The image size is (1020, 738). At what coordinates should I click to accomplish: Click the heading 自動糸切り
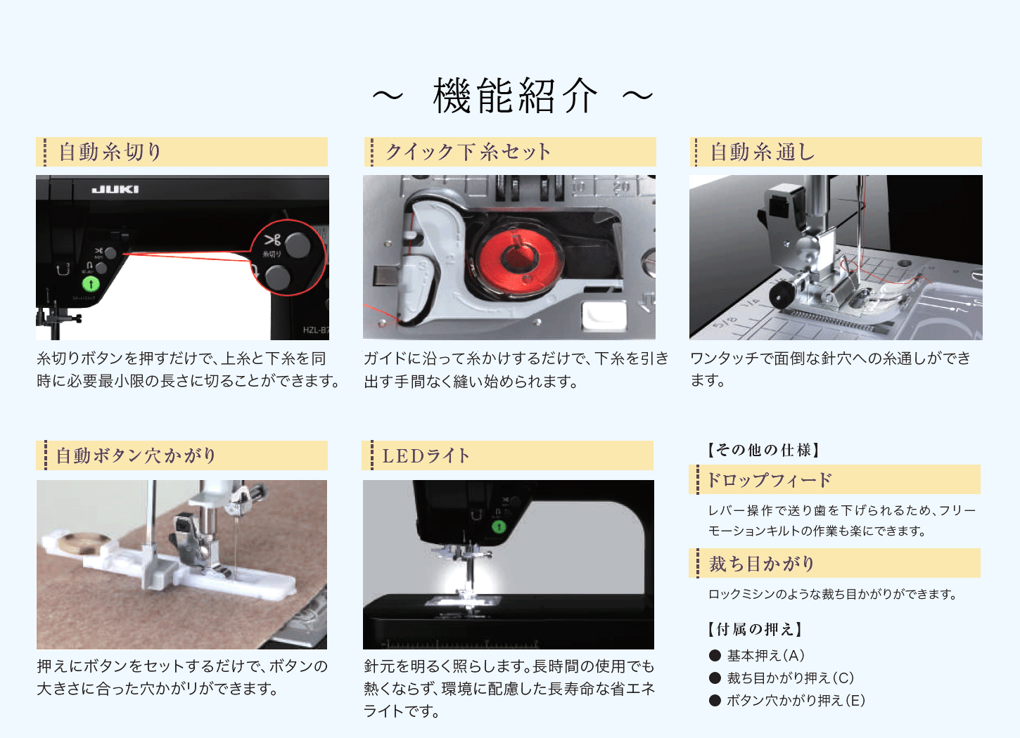pyautogui.click(x=110, y=152)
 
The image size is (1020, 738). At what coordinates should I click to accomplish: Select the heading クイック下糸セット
pyautogui.click(x=468, y=152)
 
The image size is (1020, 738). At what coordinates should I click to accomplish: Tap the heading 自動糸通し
pyautogui.click(x=763, y=152)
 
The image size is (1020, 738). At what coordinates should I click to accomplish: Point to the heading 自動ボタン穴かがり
pyautogui.click(x=136, y=455)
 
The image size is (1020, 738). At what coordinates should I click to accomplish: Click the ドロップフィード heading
pyautogui.click(x=769, y=480)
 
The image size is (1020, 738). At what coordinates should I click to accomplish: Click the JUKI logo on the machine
pyautogui.click(x=115, y=189)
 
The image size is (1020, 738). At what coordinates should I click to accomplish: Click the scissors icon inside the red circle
pyautogui.click(x=272, y=240)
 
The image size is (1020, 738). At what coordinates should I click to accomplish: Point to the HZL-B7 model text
pyautogui.click(x=316, y=330)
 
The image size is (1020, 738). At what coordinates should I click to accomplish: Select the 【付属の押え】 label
pyautogui.click(x=754, y=629)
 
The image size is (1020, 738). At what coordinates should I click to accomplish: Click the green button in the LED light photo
pyautogui.click(x=499, y=527)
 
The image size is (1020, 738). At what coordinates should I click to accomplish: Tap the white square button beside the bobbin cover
pyautogui.click(x=604, y=315)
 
